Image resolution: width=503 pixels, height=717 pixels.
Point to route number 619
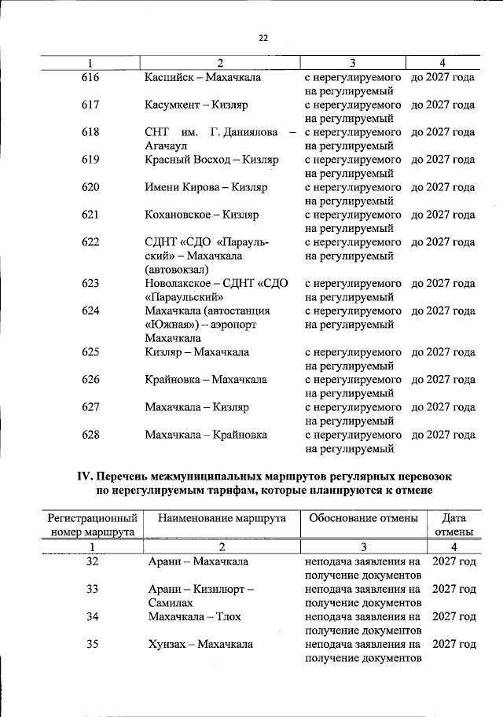click(x=91, y=160)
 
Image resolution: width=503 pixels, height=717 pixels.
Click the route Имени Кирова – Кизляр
click(x=206, y=187)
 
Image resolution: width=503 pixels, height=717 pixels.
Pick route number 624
click(x=91, y=311)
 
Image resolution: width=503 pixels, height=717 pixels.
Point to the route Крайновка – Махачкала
click(x=205, y=380)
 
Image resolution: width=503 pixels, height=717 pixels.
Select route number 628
click(x=91, y=435)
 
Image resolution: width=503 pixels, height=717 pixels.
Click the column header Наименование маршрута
click(x=222, y=518)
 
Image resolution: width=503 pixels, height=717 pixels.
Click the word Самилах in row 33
click(x=171, y=602)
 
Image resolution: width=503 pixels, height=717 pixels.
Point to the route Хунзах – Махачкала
click(x=200, y=644)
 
